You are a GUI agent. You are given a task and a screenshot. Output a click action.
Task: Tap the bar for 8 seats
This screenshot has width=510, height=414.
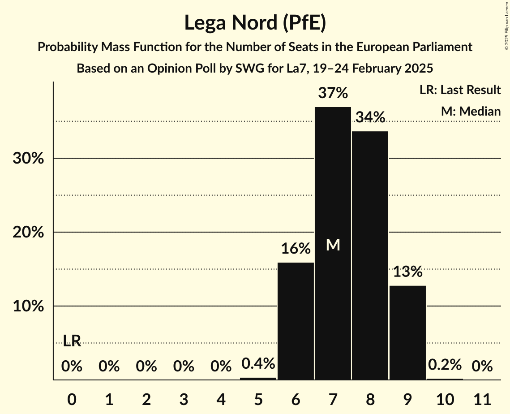point(370,255)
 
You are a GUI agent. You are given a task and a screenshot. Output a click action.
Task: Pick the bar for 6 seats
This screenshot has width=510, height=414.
point(296,321)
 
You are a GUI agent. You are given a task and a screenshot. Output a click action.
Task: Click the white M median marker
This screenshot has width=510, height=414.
point(333,245)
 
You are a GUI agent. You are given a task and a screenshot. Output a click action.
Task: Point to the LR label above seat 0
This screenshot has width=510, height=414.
point(72,341)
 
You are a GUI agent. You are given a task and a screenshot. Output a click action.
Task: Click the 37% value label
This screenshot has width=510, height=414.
point(333,93)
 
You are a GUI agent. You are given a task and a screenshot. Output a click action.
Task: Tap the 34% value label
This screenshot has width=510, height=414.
point(370,117)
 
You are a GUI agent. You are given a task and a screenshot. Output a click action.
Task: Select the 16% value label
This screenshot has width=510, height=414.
point(296,249)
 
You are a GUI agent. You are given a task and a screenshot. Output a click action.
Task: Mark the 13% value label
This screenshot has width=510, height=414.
point(407,272)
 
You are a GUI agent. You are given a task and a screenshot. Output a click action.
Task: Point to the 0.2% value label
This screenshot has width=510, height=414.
point(445,365)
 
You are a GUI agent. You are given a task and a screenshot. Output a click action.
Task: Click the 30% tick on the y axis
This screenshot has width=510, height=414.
point(28,159)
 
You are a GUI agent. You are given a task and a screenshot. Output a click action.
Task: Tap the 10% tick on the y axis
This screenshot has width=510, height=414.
point(28,306)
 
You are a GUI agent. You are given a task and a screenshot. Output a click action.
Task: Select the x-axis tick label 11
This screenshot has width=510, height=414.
point(482,398)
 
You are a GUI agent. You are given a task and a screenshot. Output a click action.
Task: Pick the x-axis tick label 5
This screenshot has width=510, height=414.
point(258,398)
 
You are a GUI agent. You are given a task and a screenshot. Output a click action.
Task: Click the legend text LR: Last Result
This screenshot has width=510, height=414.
point(460,90)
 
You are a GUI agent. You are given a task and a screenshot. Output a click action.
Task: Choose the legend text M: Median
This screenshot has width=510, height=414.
point(471,111)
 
